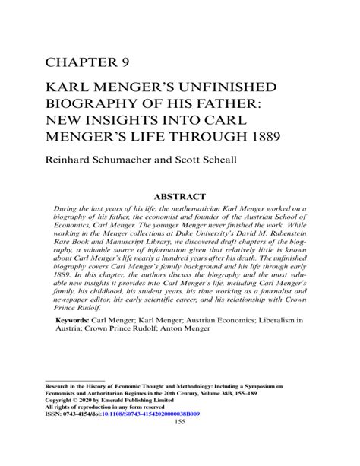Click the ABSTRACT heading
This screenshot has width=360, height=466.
(180, 195)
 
